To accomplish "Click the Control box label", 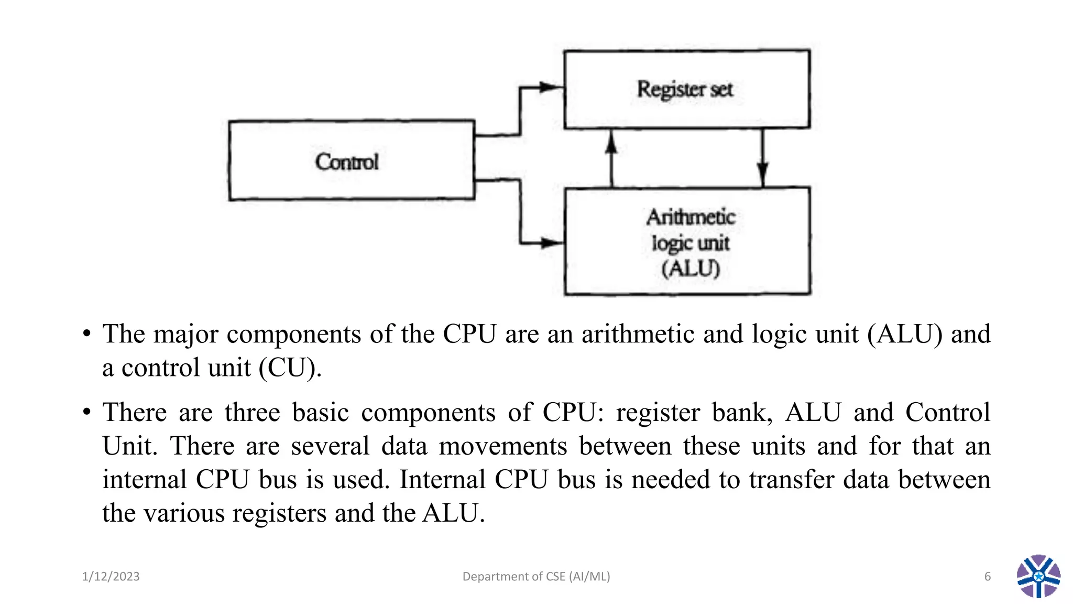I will (346, 161).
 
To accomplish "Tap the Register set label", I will (684, 89).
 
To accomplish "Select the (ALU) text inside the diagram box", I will (691, 269).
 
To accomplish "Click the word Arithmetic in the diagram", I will (691, 217).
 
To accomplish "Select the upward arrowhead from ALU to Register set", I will (611, 143).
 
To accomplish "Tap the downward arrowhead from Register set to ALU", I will (763, 173).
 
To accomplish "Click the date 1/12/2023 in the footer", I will (111, 577).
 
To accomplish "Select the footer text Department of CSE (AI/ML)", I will (536, 577).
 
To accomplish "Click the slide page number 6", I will (987, 577).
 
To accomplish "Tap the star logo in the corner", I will (1038, 576).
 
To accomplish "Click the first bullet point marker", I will (87, 334).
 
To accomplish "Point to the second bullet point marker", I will (87, 412).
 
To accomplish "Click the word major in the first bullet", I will (185, 335).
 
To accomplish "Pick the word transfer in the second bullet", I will (791, 480).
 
